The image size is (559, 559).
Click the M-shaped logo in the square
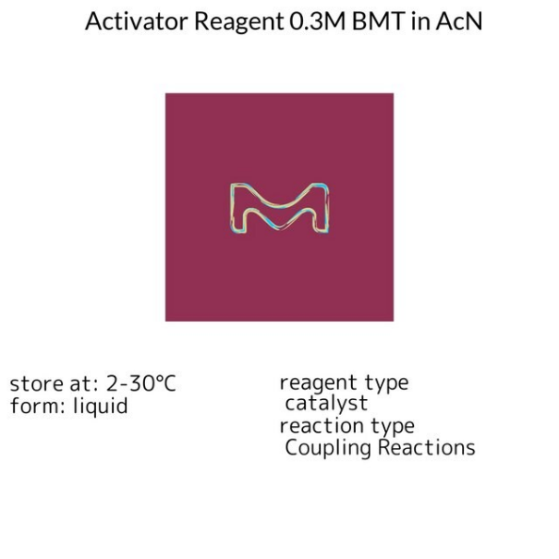[x=280, y=208]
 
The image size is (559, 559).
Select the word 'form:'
[x=34, y=406]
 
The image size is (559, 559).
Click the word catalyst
[x=326, y=404]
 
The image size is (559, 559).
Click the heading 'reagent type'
[x=344, y=383]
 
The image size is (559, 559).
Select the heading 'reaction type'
[x=346, y=426]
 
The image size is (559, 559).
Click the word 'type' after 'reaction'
[x=392, y=427]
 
